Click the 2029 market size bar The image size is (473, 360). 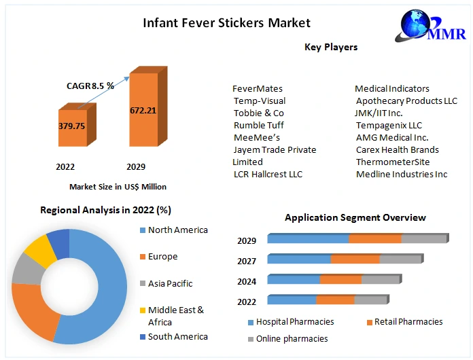click(148, 107)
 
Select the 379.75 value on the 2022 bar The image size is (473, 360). click(72, 126)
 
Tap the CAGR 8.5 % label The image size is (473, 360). click(90, 86)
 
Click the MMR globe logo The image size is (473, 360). click(431, 26)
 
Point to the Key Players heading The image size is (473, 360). click(331, 47)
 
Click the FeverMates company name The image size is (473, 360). click(258, 89)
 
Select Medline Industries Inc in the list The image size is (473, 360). click(402, 175)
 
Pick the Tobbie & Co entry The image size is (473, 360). click(259, 113)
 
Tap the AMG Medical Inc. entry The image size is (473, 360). click(392, 137)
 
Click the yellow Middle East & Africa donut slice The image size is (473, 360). click(40, 250)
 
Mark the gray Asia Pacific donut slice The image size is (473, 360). click(27, 270)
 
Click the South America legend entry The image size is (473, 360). click(174, 336)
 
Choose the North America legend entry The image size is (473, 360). click(174, 230)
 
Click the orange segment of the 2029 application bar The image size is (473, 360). click(375, 238)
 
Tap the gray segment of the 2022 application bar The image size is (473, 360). click(371, 300)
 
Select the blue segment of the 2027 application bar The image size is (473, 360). click(299, 259)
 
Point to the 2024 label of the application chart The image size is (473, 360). click(247, 282)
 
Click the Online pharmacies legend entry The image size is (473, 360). click(287, 339)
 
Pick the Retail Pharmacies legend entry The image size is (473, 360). click(405, 322)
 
